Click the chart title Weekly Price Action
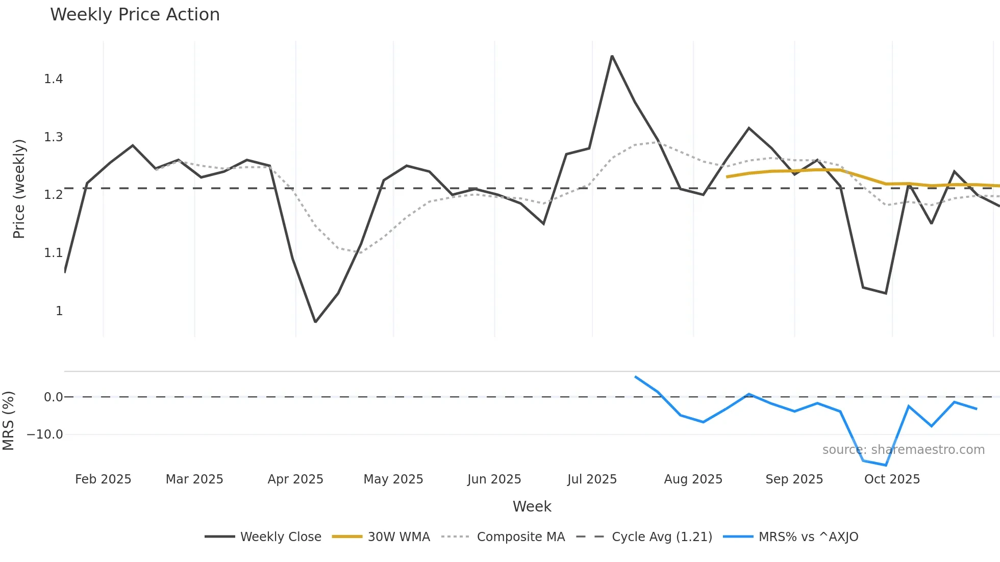135,15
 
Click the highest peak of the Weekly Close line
612,56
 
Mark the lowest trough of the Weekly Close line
315,322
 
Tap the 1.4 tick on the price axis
54,79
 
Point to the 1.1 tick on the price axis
54,253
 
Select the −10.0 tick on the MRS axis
45,435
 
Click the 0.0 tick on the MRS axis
53,397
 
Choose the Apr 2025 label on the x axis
295,479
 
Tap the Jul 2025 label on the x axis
592,479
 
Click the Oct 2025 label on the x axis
892,479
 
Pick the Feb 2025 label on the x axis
103,479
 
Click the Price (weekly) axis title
19,189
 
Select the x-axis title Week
532,506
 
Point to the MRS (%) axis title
9,421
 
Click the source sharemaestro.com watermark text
903,450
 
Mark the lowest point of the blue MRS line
886,465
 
